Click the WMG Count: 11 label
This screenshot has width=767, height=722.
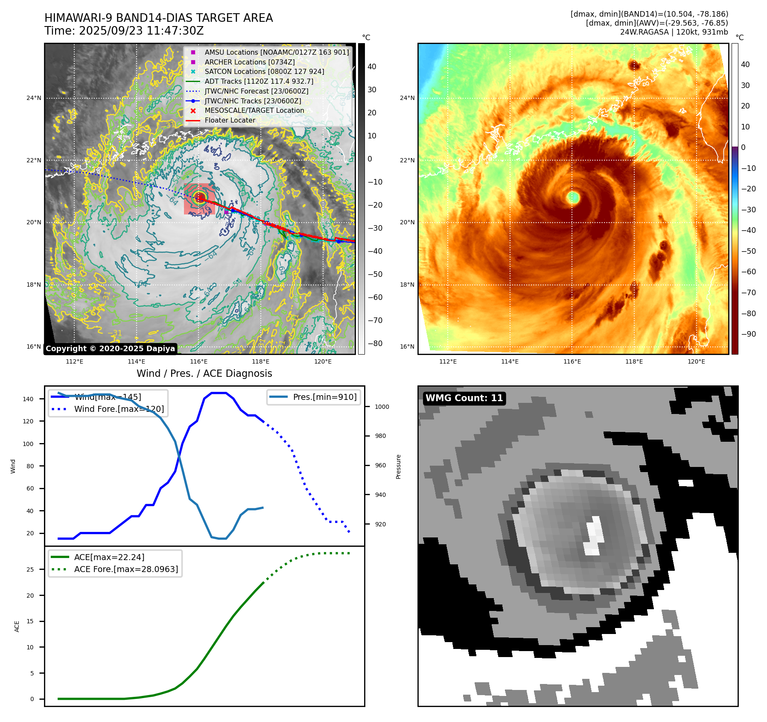point(464,398)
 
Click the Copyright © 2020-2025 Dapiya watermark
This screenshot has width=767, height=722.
point(110,349)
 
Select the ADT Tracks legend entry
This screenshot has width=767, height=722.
point(259,81)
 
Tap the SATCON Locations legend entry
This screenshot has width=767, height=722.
point(264,71)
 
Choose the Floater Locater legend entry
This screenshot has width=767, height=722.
point(230,120)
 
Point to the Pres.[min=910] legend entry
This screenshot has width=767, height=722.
point(324,397)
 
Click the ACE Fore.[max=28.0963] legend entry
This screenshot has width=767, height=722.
point(126,569)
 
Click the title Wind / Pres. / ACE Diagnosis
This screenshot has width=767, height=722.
point(204,373)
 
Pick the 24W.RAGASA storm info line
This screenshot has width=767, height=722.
point(674,32)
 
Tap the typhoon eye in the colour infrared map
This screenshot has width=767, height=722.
point(573,197)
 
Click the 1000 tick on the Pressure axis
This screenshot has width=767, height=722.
point(382,407)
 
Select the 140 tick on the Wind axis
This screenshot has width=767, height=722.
point(28,399)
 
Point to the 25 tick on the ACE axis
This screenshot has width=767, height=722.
point(30,569)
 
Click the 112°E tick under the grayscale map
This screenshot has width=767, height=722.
point(74,361)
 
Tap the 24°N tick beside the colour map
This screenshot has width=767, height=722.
point(407,98)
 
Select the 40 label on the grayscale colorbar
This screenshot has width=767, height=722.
point(372,67)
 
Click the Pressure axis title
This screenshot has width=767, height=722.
point(398,467)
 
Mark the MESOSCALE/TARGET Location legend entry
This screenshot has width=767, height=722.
point(254,110)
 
